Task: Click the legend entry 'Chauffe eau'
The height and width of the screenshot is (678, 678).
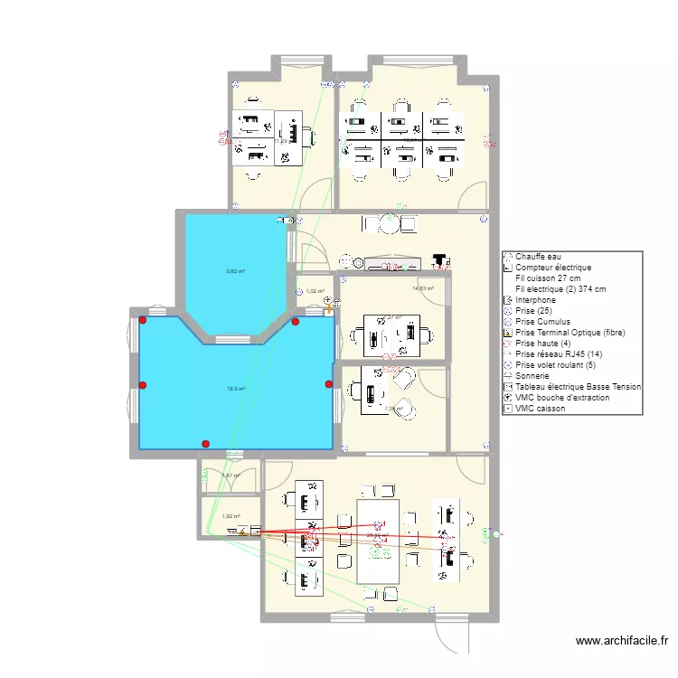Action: pos(539,257)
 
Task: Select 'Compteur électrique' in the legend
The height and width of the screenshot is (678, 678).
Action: pos(553,268)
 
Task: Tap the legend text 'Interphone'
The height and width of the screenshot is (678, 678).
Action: pos(538,300)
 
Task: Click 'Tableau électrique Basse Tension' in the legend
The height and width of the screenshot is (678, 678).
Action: pos(578,387)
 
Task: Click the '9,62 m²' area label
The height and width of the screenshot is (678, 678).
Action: pos(236,270)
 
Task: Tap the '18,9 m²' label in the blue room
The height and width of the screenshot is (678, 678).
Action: pos(235,390)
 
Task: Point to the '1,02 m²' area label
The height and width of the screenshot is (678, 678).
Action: pos(315,291)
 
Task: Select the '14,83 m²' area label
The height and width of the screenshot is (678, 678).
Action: pos(423,288)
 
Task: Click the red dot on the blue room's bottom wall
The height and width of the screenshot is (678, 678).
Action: pos(206,444)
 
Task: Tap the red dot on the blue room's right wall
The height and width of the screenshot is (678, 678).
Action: pos(329,384)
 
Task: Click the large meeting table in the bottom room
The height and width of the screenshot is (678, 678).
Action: pos(377,541)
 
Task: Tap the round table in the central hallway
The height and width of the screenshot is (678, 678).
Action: pos(389,222)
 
